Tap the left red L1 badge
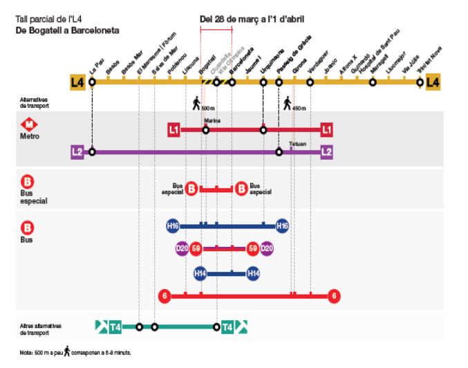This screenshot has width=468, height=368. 174,129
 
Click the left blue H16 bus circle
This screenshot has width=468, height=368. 172,226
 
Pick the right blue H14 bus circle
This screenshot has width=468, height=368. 254,273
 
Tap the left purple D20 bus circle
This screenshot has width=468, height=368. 182,248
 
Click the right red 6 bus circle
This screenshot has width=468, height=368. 335,296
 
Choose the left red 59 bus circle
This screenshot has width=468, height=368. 196,248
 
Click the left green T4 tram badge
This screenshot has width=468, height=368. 115,326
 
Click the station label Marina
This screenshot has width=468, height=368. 210,119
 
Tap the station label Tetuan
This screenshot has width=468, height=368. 297,144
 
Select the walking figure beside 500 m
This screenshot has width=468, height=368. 196,104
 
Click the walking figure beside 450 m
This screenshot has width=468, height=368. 287,104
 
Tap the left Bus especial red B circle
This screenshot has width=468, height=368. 191,188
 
